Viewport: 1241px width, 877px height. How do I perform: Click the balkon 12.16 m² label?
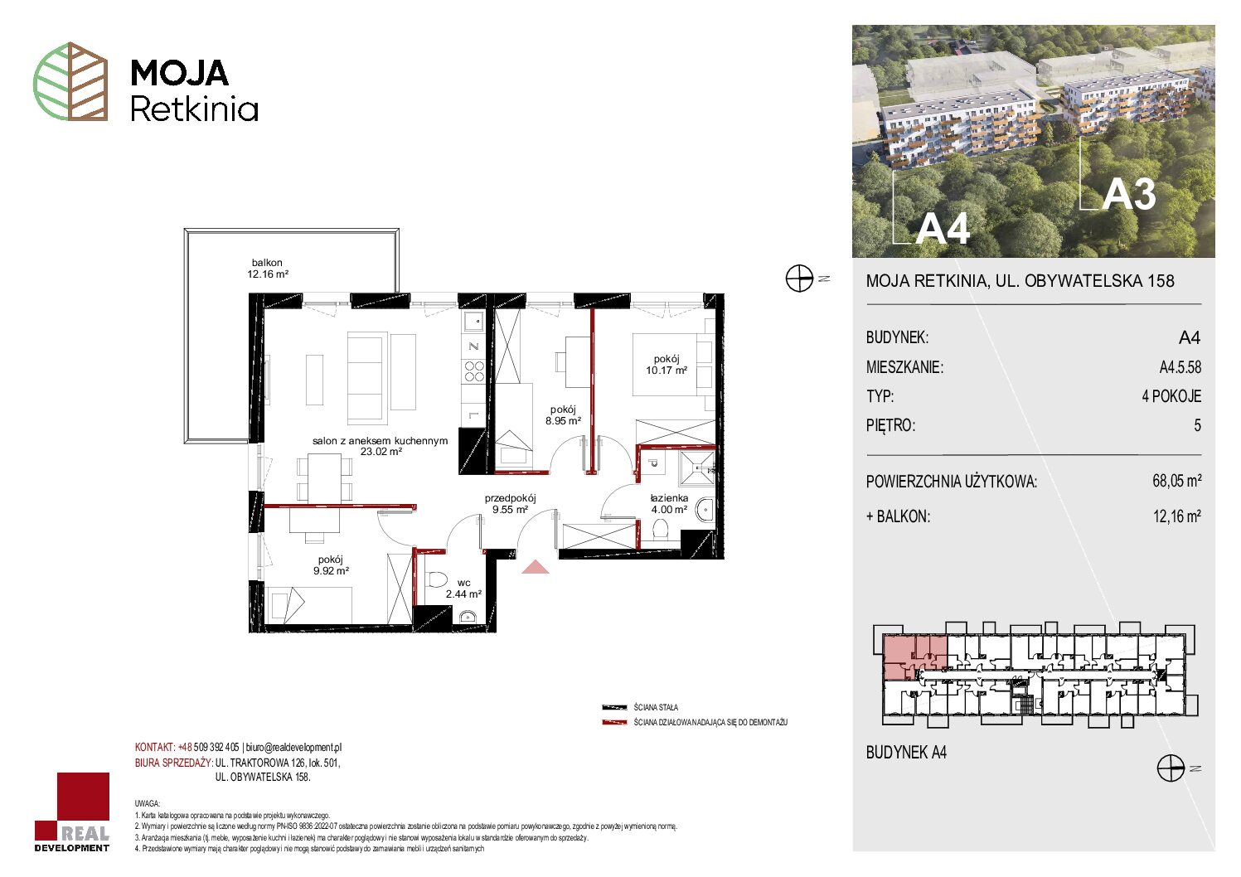(x=268, y=268)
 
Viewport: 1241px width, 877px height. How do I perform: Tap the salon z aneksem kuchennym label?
(x=380, y=441)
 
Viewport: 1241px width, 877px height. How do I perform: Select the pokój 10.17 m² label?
(x=667, y=365)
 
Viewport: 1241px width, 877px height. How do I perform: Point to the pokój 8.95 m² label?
(x=564, y=415)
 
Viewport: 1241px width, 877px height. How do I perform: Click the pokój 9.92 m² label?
(x=331, y=565)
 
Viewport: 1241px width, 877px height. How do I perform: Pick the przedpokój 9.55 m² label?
(x=511, y=504)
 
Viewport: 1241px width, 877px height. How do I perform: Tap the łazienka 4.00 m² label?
(x=669, y=504)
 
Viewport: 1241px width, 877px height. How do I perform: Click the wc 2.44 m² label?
(x=463, y=589)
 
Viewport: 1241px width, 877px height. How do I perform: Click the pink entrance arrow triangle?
(x=536, y=567)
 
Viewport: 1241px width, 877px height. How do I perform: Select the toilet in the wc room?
(x=437, y=579)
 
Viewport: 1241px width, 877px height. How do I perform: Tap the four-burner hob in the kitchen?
(x=474, y=371)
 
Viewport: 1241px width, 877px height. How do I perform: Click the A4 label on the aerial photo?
(x=943, y=228)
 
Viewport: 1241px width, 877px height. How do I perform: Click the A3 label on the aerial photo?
(x=1129, y=195)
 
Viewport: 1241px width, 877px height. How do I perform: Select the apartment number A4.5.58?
(x=1180, y=366)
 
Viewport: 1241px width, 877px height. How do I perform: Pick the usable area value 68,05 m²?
(x=1176, y=480)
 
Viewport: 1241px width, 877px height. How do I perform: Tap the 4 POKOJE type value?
(x=1171, y=396)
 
